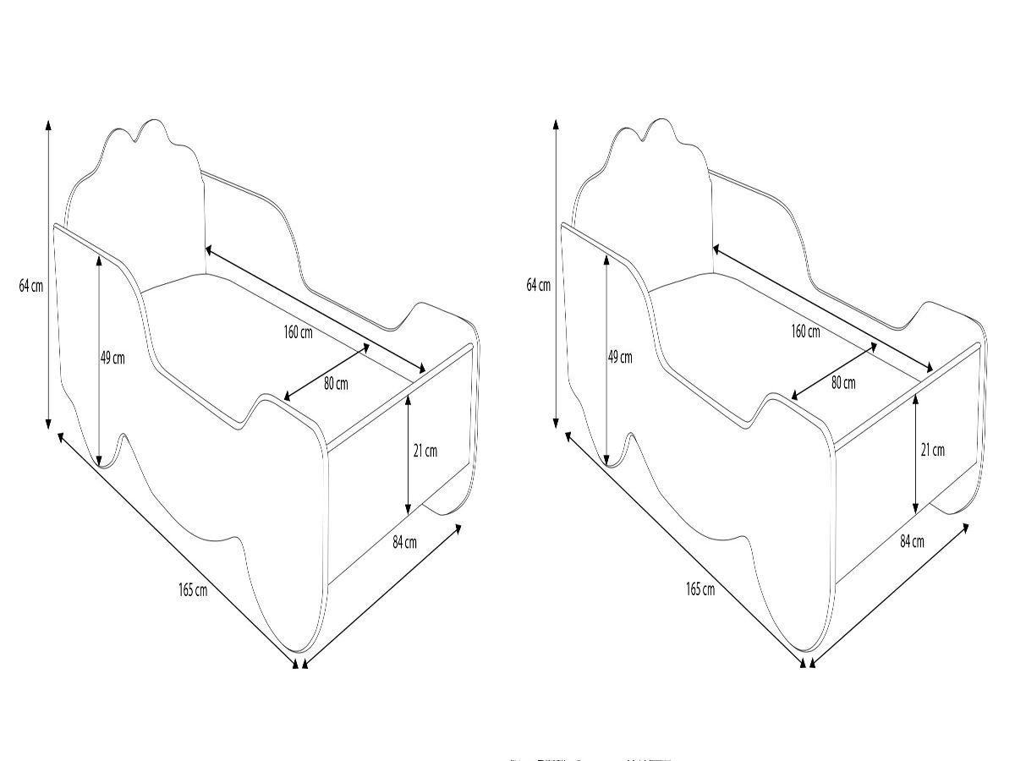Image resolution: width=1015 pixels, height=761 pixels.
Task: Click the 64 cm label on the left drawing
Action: click(x=31, y=286)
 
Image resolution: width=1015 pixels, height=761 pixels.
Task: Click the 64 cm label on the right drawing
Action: click(x=539, y=286)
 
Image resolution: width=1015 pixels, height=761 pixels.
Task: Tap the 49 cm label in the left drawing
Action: click(x=112, y=358)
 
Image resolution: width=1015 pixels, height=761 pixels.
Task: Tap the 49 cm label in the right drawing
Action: click(x=620, y=358)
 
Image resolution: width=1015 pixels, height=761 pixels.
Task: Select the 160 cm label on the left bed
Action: click(x=298, y=332)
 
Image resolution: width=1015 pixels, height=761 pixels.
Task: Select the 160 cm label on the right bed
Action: click(x=805, y=331)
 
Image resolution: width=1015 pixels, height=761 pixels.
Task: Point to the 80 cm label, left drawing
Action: click(x=336, y=384)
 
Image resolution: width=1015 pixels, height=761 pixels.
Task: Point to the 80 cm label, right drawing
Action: click(x=843, y=383)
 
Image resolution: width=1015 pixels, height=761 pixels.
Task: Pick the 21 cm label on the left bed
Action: click(x=425, y=451)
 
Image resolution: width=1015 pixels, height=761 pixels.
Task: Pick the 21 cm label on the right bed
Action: click(x=933, y=450)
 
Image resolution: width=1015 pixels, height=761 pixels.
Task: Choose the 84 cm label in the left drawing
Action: click(x=404, y=542)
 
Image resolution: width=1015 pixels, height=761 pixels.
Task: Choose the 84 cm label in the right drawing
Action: click(x=912, y=541)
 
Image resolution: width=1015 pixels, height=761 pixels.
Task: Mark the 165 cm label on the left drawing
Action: click(x=193, y=590)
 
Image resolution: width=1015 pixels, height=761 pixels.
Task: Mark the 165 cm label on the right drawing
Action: click(x=700, y=589)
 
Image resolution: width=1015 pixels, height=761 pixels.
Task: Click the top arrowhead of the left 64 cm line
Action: click(x=48, y=124)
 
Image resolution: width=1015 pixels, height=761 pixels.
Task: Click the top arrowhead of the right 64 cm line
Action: click(x=556, y=124)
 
